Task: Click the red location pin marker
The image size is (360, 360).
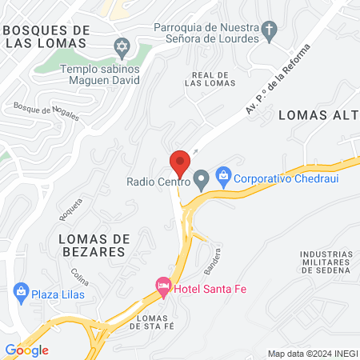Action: point(180,163)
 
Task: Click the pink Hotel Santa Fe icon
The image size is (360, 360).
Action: point(162,286)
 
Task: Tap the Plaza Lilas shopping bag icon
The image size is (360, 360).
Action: point(21,294)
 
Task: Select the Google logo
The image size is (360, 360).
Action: point(26,350)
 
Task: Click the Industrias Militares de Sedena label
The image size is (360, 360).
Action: point(326,262)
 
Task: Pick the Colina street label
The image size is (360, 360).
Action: point(79,275)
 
